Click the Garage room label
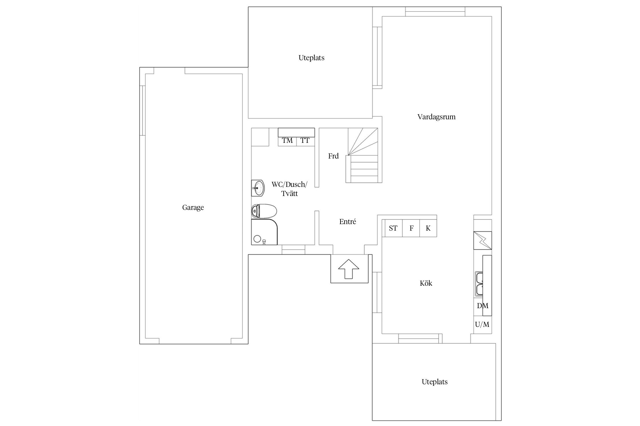[x=193, y=208]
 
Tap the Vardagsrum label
[x=436, y=117]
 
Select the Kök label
[x=426, y=283]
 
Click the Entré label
[x=348, y=222]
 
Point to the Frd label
[x=333, y=156]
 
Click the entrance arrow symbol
[x=348, y=269]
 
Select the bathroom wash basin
[x=258, y=188]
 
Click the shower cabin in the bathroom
[x=264, y=232]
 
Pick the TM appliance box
[x=287, y=141]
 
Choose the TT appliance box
[x=305, y=141]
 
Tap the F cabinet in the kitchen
[x=411, y=228]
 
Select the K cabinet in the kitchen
[x=428, y=228]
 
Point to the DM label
[x=482, y=306]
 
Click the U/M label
[x=482, y=324]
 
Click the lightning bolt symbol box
[x=482, y=241]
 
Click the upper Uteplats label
[x=311, y=58]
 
